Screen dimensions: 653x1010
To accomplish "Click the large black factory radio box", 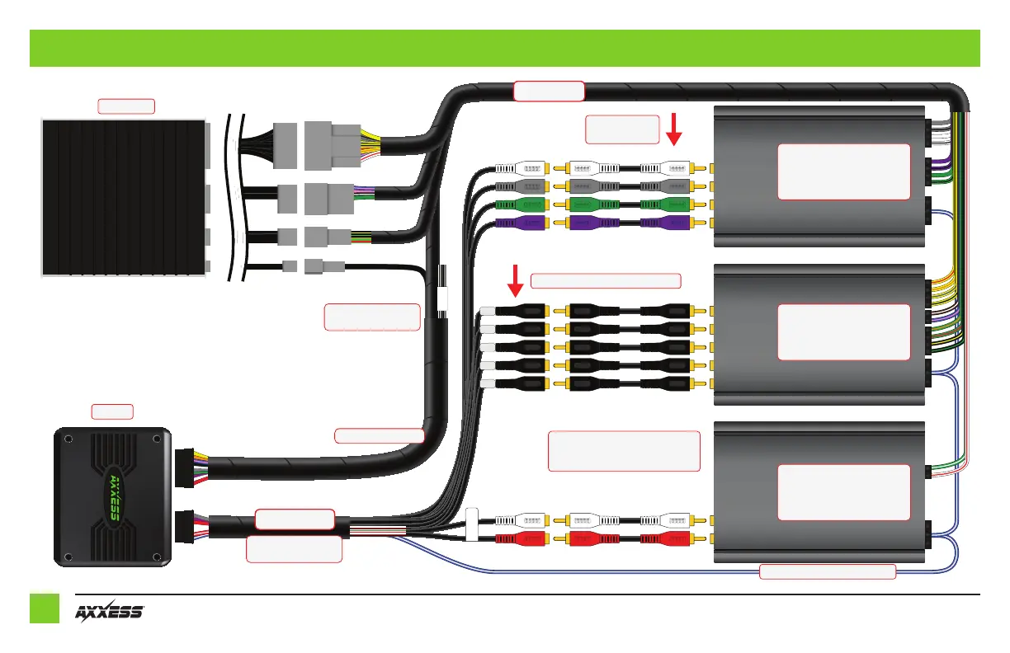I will click(123, 198).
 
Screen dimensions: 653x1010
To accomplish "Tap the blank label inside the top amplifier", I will click(843, 171).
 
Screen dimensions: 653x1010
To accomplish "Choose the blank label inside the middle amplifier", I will click(843, 331).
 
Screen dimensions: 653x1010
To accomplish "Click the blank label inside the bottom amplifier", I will click(843, 491).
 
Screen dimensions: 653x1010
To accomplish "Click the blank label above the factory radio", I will click(126, 106).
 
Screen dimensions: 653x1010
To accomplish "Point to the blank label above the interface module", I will click(112, 411).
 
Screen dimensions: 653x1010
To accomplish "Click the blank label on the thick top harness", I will click(549, 91).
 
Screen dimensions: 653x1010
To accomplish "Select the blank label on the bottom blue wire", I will click(827, 571).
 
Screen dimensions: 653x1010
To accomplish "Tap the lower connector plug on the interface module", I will click(185, 524).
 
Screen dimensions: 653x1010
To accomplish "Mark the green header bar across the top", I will click(504, 48).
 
